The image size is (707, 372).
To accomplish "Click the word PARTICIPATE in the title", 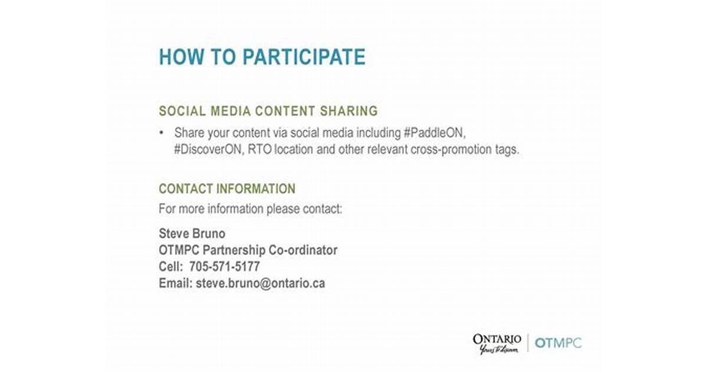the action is [304, 57].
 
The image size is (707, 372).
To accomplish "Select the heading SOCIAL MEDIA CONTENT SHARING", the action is [268, 111].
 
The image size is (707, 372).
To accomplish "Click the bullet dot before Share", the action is [161, 133].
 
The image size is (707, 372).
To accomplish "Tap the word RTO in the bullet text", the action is [259, 149].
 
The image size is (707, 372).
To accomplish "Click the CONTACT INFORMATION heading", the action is [227, 189].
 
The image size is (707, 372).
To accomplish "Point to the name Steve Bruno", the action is [192, 233].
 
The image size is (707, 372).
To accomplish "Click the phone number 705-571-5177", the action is [225, 266].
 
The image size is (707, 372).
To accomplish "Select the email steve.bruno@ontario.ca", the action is [261, 283].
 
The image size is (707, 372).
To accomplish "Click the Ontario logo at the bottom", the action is [497, 344].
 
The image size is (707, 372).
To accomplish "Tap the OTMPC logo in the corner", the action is [558, 343].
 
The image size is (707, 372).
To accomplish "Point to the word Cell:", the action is [171, 266].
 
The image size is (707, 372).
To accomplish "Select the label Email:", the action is [176, 283].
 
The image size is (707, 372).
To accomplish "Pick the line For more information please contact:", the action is [251, 209].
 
